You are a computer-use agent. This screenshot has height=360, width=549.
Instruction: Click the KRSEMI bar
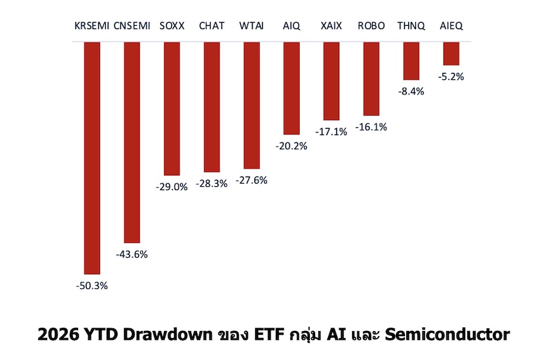coord(92,158)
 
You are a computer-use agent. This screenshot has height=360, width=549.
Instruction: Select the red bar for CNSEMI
coord(132,142)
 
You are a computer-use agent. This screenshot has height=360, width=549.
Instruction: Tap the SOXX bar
coord(172,109)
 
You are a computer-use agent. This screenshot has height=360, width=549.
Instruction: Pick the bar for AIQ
coord(292,89)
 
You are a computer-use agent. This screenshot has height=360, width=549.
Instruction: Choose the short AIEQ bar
coord(451,54)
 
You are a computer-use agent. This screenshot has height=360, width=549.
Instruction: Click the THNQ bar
coord(411,61)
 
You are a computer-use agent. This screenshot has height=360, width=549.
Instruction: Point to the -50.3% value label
coord(92,286)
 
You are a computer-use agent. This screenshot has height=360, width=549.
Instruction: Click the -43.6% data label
coord(132,255)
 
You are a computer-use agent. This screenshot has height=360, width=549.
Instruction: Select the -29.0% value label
coord(172,187)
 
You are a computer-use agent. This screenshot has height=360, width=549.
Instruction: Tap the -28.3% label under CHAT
coord(211,184)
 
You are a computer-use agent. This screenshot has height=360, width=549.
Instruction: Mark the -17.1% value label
coord(331,132)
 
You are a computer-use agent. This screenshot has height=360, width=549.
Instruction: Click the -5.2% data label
coord(451,77)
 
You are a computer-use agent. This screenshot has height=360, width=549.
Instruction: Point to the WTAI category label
coord(251,26)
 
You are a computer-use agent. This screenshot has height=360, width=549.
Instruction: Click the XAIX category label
coord(331,26)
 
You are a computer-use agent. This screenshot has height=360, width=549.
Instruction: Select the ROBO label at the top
coord(371,26)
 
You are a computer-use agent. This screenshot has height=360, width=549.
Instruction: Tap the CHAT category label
coord(211,26)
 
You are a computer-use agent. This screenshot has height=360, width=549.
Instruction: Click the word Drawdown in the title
coord(167,334)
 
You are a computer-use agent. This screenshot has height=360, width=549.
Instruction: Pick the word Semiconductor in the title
coord(448,334)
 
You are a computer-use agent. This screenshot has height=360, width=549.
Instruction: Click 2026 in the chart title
coord(59,334)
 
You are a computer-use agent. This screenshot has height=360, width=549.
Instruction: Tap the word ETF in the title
coord(269,334)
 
